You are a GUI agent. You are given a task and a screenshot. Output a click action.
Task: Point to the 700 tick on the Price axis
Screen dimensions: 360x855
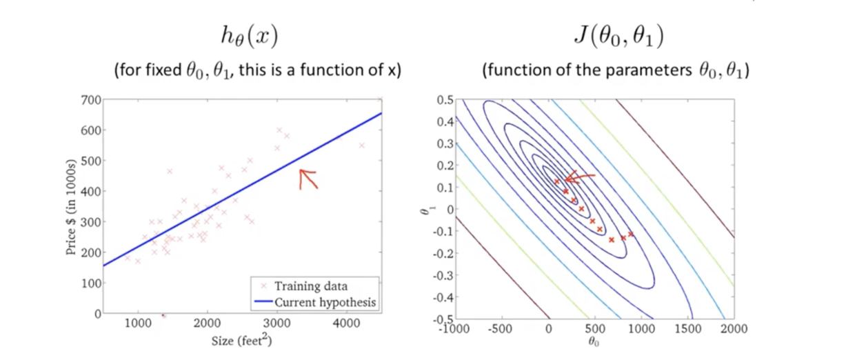click(90, 99)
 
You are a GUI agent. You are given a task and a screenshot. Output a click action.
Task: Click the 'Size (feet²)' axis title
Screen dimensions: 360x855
click(241, 339)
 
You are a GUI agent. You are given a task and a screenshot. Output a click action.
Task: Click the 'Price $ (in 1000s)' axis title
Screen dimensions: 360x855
click(71, 206)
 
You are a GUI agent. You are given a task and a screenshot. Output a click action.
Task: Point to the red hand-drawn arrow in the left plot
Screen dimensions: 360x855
click(308, 179)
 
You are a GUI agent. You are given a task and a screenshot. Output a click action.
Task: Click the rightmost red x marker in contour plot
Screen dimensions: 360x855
click(630, 234)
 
